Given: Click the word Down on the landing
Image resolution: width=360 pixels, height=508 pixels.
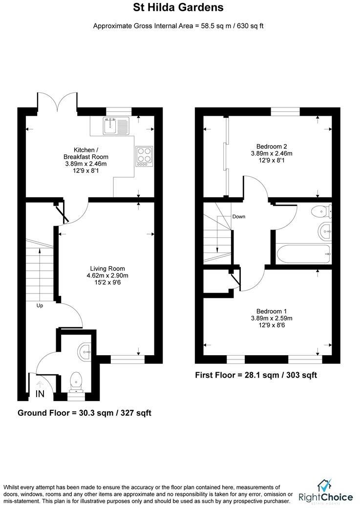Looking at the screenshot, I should [x=239, y=216].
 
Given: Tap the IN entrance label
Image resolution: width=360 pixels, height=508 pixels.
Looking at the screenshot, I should [x=40, y=393].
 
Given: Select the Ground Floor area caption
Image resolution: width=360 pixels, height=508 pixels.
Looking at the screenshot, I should [x=85, y=413].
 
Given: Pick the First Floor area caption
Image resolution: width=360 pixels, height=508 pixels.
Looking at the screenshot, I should [x=256, y=375].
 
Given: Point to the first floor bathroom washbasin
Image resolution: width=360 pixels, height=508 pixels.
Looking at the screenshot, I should [x=325, y=231].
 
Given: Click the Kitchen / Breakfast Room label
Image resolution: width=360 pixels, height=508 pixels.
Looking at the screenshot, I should [x=86, y=157].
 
